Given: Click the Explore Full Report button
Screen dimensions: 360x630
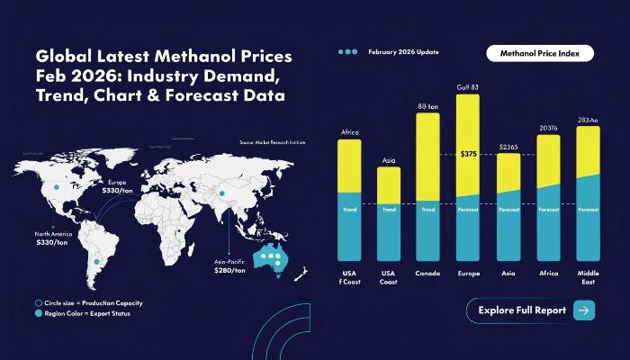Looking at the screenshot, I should pyautogui.click(x=531, y=310).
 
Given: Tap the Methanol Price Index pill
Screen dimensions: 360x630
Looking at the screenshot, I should pyautogui.click(x=540, y=54).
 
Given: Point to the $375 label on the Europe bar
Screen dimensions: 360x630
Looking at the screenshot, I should pyautogui.click(x=468, y=154).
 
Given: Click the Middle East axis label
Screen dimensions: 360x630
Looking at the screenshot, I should pyautogui.click(x=589, y=278).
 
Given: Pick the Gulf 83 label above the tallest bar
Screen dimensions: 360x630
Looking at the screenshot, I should pyautogui.click(x=468, y=87).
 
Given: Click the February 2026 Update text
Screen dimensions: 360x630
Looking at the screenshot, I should pyautogui.click(x=403, y=52).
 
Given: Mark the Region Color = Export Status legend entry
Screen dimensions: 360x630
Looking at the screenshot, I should pyautogui.click(x=87, y=316).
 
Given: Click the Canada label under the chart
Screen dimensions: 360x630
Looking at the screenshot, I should pyautogui.click(x=427, y=274).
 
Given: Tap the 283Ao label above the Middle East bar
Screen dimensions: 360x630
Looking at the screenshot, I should pyautogui.click(x=589, y=119).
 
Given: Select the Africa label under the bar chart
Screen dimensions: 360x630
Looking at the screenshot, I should pyautogui.click(x=548, y=274).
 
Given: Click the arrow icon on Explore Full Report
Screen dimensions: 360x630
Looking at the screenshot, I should pyautogui.click(x=583, y=310).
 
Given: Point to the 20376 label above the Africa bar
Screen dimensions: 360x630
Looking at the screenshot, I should pyautogui.click(x=548, y=128).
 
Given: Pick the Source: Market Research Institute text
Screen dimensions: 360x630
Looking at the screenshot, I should pyautogui.click(x=272, y=142).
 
